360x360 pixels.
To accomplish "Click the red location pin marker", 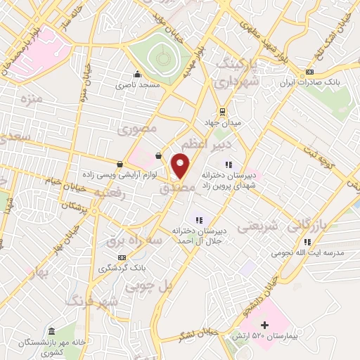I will (181, 166).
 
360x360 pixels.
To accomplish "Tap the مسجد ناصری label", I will (139, 84).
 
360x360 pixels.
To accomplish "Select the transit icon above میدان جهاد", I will (222, 111).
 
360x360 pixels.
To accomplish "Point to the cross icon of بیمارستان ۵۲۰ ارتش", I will (264, 325).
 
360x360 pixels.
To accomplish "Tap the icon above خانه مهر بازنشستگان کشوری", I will (51, 331).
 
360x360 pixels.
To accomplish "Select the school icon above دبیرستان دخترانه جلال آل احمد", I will (198, 219).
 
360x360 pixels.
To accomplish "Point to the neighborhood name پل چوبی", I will (148, 287).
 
